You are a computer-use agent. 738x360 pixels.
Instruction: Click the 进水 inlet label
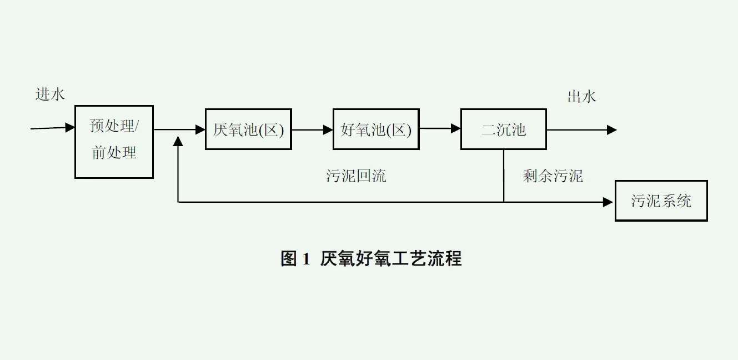pos(50,94)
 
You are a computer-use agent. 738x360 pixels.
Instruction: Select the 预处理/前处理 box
pos(114,142)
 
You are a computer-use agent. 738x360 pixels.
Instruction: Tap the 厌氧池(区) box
pos(248,129)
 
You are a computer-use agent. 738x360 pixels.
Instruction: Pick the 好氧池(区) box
pos(376,129)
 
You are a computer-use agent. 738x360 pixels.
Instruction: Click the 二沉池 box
pos(504,129)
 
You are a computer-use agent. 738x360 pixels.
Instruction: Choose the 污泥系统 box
pos(661,201)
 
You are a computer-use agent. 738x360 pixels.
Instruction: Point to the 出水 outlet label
pos(581,97)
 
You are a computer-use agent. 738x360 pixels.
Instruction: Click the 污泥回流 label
pos(356,176)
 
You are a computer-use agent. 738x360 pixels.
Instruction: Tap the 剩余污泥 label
pos(553,176)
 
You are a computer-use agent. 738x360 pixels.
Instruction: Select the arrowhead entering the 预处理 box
pos(71,127)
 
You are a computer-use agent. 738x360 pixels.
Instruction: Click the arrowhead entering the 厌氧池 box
pos(200,129)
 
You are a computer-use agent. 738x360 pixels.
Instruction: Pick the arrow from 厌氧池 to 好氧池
pos(312,129)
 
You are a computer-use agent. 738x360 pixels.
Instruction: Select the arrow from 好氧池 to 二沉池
pos(440,129)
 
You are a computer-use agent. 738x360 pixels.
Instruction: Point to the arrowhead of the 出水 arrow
pos(612,129)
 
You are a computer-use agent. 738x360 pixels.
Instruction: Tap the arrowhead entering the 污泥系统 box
pos(610,202)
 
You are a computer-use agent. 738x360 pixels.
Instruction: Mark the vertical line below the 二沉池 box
pos(504,175)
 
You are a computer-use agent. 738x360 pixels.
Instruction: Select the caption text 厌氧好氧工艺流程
pos(391,258)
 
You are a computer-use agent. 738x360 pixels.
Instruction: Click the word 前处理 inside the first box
pos(114,153)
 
